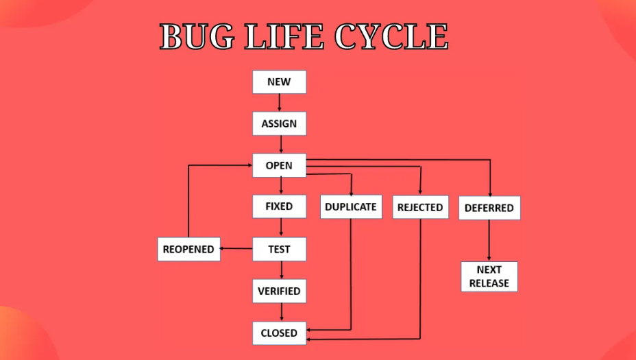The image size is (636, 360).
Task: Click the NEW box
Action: (279, 82)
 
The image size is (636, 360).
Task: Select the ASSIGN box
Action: (279, 123)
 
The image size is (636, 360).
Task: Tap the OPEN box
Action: (279, 165)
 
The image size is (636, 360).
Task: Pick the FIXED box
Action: (279, 206)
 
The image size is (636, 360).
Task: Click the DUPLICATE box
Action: (351, 207)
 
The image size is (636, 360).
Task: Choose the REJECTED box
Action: (420, 207)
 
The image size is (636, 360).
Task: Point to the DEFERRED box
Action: (489, 208)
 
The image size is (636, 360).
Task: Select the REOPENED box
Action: (188, 249)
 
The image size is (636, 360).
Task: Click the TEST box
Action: (279, 249)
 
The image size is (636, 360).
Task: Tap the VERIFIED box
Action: (279, 291)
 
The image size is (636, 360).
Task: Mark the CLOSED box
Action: (279, 333)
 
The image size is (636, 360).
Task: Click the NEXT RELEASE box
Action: (489, 276)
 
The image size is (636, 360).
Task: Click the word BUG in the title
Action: (197, 36)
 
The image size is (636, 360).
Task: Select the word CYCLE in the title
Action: (391, 36)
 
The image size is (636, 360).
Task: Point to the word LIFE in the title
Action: (284, 36)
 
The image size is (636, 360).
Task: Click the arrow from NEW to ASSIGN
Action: (280, 103)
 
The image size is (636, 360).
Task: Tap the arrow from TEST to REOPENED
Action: (236, 248)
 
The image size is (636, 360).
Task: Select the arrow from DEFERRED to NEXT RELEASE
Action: (489, 240)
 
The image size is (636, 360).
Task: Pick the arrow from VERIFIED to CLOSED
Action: (282, 312)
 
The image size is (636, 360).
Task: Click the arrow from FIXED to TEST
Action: (281, 228)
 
